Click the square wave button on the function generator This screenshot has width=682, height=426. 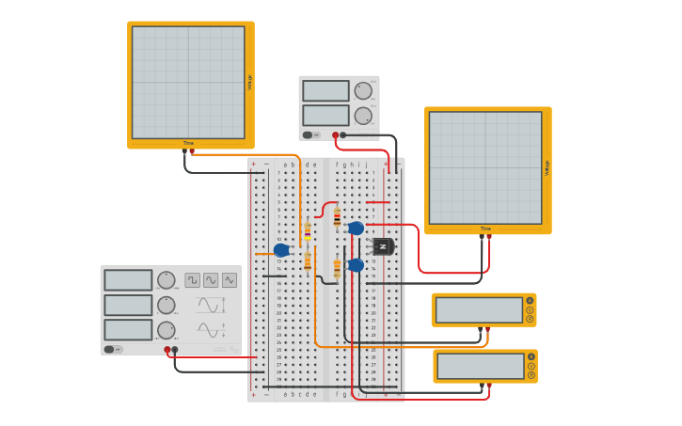192,280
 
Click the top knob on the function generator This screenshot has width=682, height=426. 167,280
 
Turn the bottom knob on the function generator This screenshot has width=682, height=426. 167,330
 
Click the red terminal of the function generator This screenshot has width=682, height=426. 167,350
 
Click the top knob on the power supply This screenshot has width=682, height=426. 363,91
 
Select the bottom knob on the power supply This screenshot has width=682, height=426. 363,116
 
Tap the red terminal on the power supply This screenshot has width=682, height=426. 335,134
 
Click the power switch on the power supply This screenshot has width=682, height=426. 308,134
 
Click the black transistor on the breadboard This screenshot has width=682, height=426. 383,246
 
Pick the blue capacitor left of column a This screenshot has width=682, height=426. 281,250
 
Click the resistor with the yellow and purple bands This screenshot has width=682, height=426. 308,231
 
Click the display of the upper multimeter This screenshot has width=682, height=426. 479,309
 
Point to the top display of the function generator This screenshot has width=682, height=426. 128,280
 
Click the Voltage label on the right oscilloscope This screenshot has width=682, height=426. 547,168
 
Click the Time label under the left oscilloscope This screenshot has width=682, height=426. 188,143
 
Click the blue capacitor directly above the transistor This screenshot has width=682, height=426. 356,228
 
